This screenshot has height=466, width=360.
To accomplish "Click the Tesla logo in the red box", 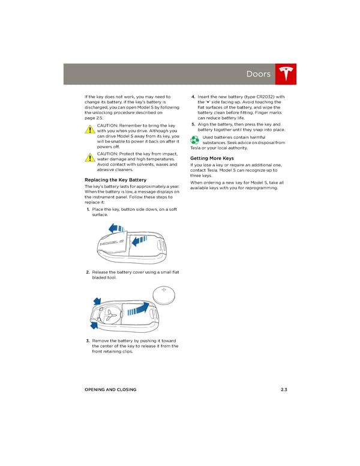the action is [x=286, y=74].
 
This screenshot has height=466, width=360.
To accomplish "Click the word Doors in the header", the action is [x=259, y=74].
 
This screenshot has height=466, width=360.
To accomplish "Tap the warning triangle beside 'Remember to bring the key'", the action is [x=90, y=129].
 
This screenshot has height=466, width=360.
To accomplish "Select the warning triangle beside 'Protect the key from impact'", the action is [x=90, y=157].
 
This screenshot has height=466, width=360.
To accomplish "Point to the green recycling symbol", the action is [x=194, y=140].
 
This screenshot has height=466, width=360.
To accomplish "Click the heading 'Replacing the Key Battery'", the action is [x=116, y=180].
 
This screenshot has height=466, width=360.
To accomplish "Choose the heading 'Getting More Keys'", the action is [x=212, y=158].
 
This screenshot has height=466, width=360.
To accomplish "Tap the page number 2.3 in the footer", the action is [x=284, y=389].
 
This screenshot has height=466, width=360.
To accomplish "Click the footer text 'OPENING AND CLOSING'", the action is [x=110, y=389].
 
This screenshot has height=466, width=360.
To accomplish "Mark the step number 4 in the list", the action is [x=193, y=97].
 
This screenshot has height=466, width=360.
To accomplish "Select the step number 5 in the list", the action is [x=193, y=124].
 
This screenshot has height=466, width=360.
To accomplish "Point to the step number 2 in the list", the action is [x=88, y=272].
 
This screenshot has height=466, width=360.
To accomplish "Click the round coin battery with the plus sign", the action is [x=164, y=295].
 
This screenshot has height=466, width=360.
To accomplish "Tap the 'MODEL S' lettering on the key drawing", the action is [x=112, y=243].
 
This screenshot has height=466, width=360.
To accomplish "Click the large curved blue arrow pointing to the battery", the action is [x=139, y=309].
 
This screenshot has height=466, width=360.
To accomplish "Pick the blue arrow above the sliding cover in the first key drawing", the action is [x=116, y=228].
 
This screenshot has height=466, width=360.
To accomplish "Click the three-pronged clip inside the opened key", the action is [x=112, y=316].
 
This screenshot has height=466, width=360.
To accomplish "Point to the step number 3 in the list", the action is [x=88, y=340].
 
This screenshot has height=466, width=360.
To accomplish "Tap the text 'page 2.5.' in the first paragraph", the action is [x=94, y=118].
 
